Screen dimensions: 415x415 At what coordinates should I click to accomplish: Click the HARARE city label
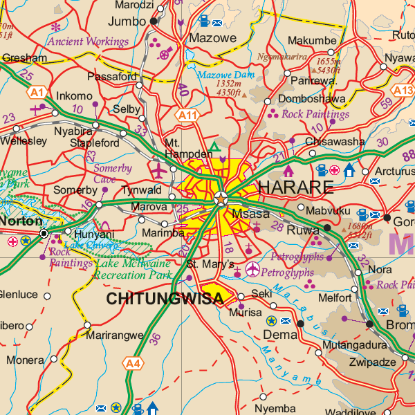click(x=295, y=187)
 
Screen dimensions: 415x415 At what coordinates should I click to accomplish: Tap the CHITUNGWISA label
click(x=165, y=298)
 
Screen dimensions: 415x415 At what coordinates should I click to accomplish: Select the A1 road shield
click(x=37, y=91)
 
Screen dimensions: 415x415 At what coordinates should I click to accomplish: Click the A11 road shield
click(x=187, y=115)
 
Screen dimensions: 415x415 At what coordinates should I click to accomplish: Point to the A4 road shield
click(x=133, y=362)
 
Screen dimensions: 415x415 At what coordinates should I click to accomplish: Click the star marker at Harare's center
click(x=221, y=200)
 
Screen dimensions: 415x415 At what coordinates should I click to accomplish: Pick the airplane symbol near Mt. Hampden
click(x=159, y=169)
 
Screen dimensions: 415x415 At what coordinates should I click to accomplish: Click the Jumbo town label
click(x=127, y=21)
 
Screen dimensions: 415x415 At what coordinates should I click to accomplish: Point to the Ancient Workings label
click(x=88, y=41)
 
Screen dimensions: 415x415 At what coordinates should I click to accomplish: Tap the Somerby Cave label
click(x=112, y=174)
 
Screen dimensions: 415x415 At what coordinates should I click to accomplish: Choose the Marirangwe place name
click(x=116, y=335)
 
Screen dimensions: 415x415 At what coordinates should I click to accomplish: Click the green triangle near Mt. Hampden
click(x=215, y=147)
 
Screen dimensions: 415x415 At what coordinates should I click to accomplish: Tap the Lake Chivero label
click(x=89, y=244)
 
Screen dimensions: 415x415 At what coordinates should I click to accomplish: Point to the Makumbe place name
click(x=311, y=41)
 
